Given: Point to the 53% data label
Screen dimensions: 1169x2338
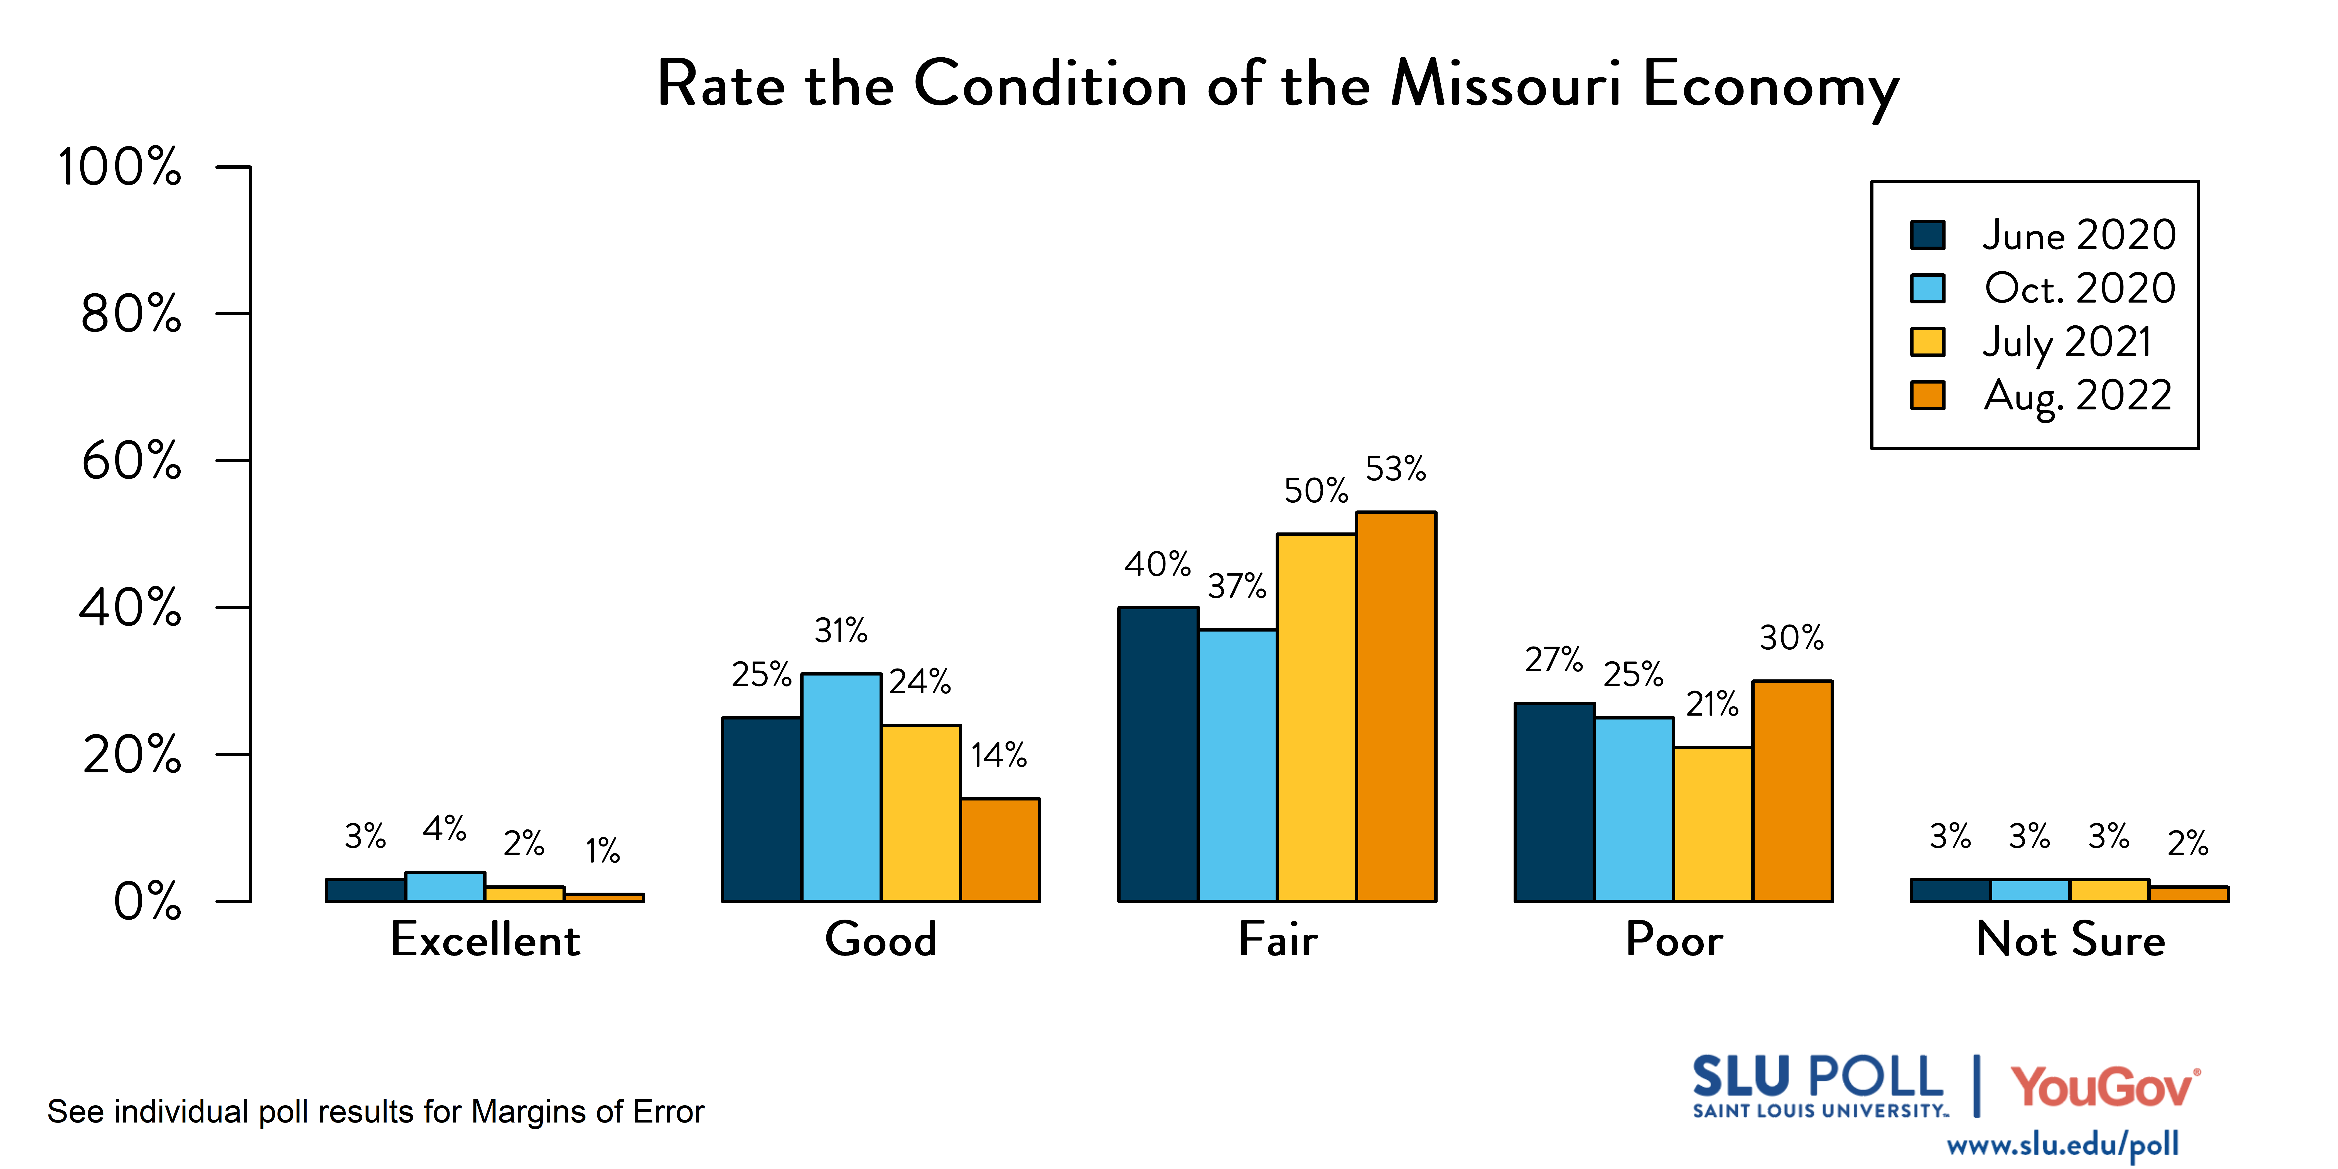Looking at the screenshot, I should pyautogui.click(x=1396, y=469).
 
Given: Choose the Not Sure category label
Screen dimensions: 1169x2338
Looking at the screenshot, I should pyautogui.click(x=2070, y=939).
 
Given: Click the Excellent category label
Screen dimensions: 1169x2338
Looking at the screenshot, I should pyautogui.click(x=485, y=939).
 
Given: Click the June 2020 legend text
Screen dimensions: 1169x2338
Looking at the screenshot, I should pyautogui.click(x=2078, y=235).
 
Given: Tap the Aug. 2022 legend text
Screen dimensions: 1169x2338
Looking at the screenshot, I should pyautogui.click(x=2077, y=396).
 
